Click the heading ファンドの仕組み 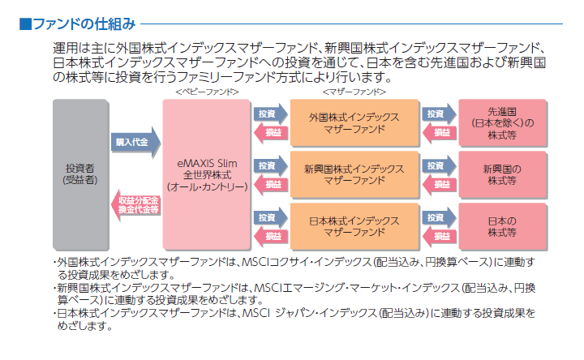click(x=84, y=24)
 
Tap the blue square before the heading click(x=25, y=24)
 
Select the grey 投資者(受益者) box click(x=80, y=174)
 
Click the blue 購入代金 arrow click(x=135, y=142)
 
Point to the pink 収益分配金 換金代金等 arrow click(x=135, y=205)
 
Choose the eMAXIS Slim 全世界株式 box click(x=206, y=174)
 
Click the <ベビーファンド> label click(x=207, y=92)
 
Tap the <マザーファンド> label click(x=354, y=92)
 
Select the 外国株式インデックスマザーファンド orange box click(x=354, y=122)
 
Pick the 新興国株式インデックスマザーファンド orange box click(x=354, y=174)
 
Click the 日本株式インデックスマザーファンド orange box click(x=354, y=226)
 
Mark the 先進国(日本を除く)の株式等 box click(x=502, y=122)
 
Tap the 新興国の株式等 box click(x=502, y=174)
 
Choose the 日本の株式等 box click(x=502, y=226)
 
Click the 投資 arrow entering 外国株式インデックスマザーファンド click(x=271, y=114)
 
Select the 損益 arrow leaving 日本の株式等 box click(x=440, y=236)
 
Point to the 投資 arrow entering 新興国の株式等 click(x=440, y=165)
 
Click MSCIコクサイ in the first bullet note click(x=273, y=262)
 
